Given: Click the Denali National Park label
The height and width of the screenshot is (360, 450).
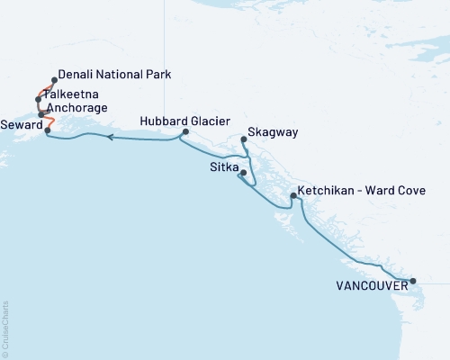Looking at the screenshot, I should [113, 74].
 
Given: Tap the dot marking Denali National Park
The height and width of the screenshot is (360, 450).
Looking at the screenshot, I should [55, 80].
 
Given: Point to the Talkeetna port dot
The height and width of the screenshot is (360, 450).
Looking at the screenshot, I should [38, 99].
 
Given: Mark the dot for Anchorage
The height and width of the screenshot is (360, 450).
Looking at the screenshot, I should [40, 114].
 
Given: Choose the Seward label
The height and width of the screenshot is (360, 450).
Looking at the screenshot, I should [21, 124].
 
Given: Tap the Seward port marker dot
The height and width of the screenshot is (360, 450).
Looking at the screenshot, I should [47, 130].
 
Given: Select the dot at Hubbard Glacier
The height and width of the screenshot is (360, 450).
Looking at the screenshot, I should [184, 132].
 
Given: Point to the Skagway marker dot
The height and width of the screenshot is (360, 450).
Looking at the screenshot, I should [245, 139].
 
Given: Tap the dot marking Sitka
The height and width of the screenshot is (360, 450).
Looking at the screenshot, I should [243, 173].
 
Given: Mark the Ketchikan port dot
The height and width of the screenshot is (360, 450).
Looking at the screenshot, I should [293, 195].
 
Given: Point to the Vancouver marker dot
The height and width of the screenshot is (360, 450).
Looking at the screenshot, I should [413, 281].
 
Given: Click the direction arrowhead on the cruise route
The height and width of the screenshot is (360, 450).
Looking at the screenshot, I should [109, 138].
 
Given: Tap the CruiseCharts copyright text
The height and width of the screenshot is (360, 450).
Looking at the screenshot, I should [5, 328].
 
